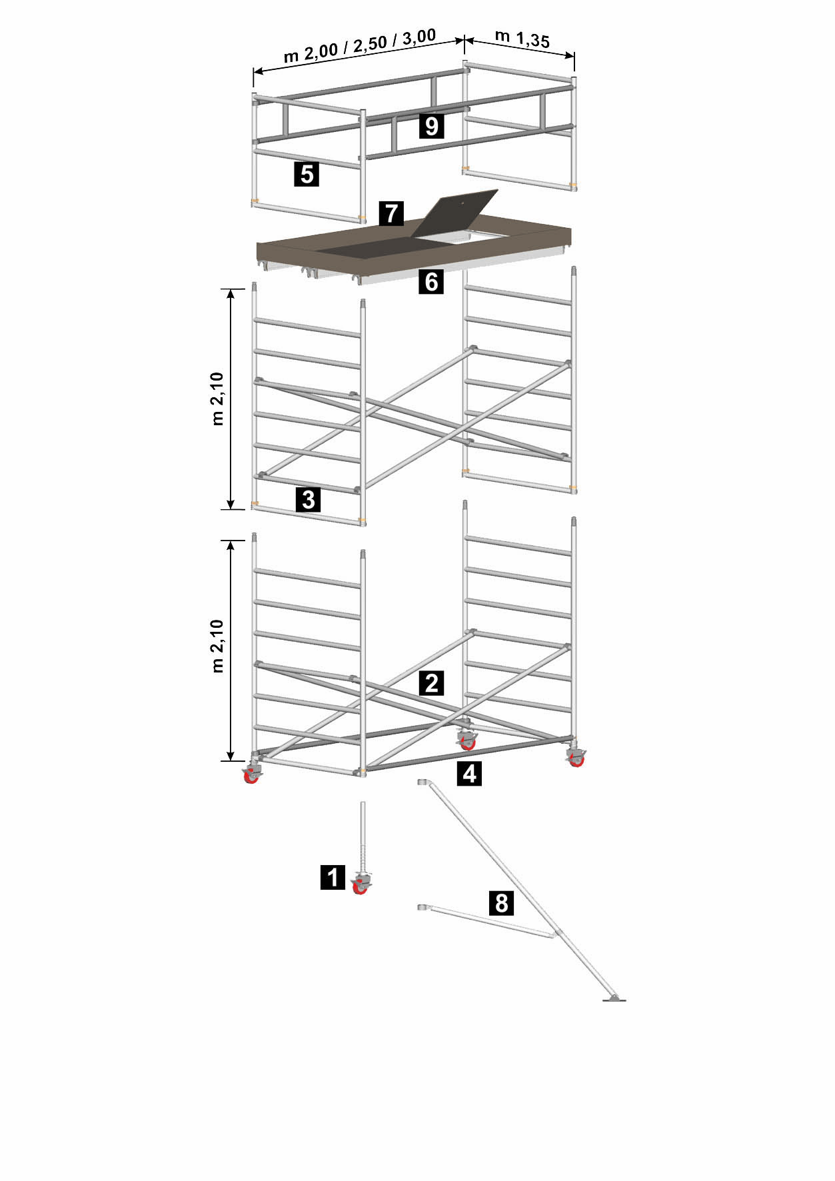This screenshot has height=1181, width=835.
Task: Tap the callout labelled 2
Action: point(432,683)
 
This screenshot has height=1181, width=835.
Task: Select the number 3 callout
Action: point(308,499)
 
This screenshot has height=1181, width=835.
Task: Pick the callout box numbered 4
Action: point(470,774)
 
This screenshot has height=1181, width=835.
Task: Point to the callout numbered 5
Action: point(307,174)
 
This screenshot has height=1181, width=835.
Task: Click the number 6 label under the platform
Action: point(432,282)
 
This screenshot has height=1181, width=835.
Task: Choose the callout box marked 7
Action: point(391,213)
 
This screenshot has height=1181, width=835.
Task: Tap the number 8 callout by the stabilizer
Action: point(501,903)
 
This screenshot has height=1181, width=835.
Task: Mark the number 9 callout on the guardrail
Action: point(432,125)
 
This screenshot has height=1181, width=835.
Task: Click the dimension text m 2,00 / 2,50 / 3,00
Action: point(360,45)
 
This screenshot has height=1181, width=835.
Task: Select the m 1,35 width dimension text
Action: point(522,39)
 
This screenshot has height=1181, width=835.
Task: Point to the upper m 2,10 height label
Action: point(217,399)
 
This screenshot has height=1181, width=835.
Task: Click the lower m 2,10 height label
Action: point(217,646)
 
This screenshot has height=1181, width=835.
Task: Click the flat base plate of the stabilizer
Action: point(614,999)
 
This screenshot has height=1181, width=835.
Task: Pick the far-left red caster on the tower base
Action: point(251,775)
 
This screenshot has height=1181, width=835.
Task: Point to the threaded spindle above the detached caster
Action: point(364,836)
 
